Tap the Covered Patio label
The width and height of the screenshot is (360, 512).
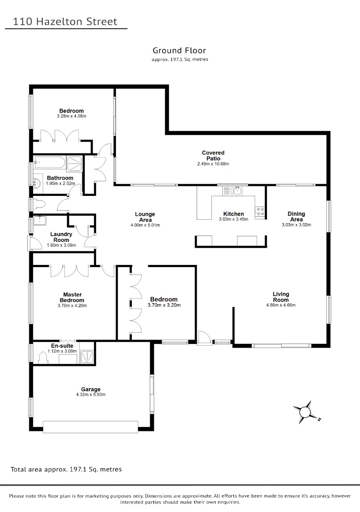[x=213, y=155]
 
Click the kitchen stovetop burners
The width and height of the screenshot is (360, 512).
[x=260, y=212]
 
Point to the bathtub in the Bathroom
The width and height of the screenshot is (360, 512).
[x=49, y=162]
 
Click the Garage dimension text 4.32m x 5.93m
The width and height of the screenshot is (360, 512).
[x=91, y=394]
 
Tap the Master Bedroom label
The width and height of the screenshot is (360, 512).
[x=72, y=297]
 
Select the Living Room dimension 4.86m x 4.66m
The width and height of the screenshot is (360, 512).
[x=281, y=305]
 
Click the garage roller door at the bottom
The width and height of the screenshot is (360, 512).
[x=90, y=427]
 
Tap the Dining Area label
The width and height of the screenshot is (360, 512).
[x=296, y=216]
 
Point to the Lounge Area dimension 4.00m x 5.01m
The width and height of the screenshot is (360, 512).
[x=145, y=225]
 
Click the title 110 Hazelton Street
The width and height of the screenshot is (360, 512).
[x=65, y=22]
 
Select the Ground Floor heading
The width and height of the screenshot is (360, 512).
[x=179, y=50]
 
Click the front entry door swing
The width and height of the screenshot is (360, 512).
[x=204, y=337]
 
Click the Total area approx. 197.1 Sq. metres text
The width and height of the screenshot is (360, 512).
[x=66, y=469]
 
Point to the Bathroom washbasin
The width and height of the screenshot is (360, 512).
[x=38, y=183]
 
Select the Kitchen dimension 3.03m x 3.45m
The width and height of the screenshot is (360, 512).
[x=233, y=219]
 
